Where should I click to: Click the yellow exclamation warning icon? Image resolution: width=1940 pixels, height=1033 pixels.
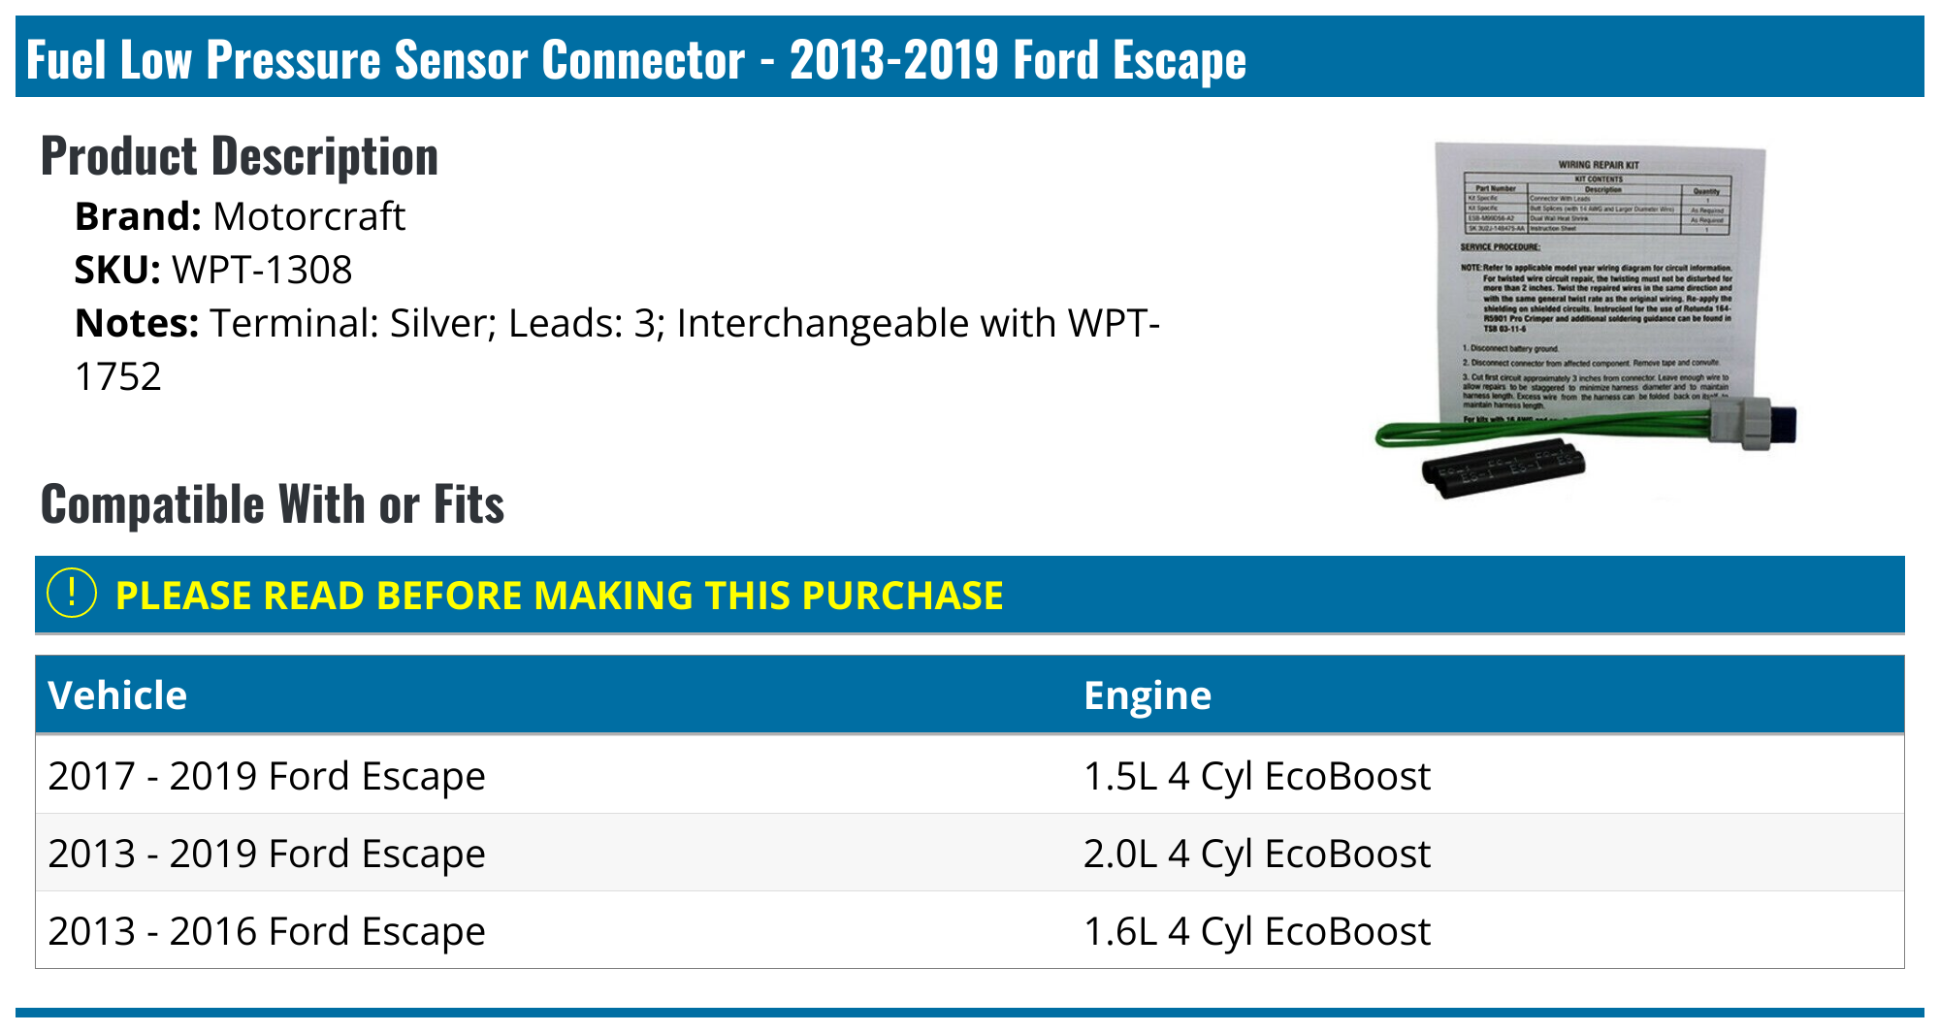click(x=72, y=594)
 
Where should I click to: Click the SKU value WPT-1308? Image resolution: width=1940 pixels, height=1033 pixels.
click(x=262, y=270)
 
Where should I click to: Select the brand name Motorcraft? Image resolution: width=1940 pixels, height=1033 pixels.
click(x=308, y=216)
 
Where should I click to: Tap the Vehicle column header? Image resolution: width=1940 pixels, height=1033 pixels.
click(x=117, y=695)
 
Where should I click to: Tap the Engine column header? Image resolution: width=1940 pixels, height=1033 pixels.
click(x=1148, y=695)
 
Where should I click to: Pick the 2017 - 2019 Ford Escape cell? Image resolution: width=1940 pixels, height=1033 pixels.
click(x=267, y=776)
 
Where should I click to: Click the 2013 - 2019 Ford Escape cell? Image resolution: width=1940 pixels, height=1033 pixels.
click(x=267, y=854)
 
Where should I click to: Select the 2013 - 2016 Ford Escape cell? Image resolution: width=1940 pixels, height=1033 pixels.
click(x=267, y=931)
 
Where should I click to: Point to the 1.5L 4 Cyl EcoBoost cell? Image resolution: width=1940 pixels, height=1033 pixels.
click(x=1256, y=776)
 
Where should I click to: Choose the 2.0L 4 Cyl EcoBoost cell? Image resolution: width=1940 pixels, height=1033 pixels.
click(x=1256, y=854)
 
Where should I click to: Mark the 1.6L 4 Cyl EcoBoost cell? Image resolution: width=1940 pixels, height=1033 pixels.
click(x=1256, y=931)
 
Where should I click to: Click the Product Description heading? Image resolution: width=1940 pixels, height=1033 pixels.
click(x=240, y=156)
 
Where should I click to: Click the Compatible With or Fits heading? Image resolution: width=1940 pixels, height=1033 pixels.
click(x=273, y=504)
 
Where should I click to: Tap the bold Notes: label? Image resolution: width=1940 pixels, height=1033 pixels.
click(x=137, y=323)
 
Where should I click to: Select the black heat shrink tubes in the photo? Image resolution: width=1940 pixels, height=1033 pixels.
click(x=1503, y=468)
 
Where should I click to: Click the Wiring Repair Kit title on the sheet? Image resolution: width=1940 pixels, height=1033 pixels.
click(x=1599, y=165)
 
